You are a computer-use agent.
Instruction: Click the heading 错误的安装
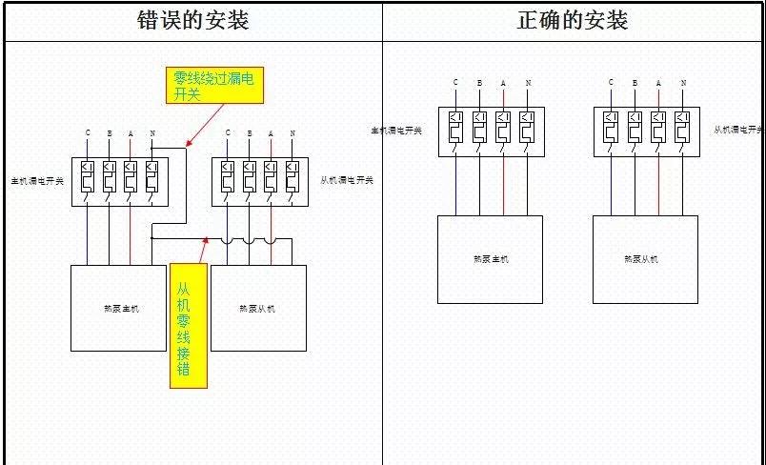(x=193, y=21)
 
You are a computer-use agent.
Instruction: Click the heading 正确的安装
(x=573, y=21)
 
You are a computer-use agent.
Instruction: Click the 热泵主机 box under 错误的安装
(x=118, y=308)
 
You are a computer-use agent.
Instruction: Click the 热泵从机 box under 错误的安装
(x=258, y=308)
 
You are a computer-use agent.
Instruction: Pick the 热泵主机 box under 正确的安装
(x=490, y=259)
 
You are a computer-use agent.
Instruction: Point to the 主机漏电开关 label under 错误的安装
(x=37, y=180)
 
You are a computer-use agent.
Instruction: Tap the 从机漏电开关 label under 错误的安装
(x=346, y=180)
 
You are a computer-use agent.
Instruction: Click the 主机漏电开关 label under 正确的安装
(x=396, y=130)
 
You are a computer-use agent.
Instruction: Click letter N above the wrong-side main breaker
(x=152, y=132)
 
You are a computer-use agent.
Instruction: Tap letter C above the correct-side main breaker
(x=455, y=83)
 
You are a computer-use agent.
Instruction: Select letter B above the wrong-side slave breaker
(x=249, y=132)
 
